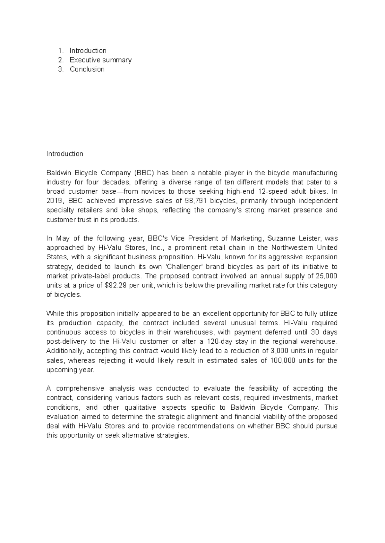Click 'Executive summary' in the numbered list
pyautogui.click(x=100, y=60)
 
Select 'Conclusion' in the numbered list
pyautogui.click(x=87, y=69)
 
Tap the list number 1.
pyautogui.click(x=60, y=51)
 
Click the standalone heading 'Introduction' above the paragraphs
pyautogui.click(x=65, y=154)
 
